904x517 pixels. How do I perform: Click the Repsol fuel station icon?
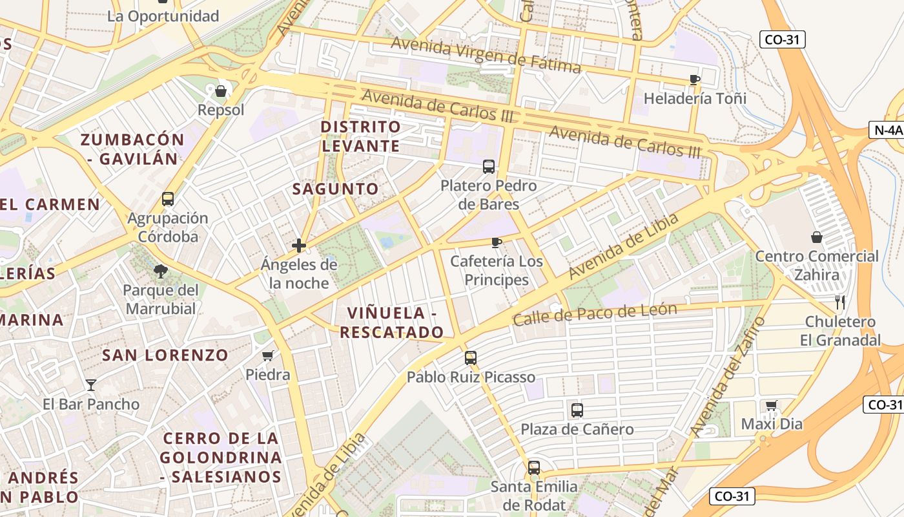(221, 91)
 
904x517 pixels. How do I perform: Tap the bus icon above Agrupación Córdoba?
(168, 198)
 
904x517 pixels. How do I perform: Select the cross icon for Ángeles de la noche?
(299, 246)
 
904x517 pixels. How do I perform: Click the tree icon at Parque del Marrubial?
(161, 271)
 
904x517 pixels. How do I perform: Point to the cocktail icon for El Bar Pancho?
(91, 385)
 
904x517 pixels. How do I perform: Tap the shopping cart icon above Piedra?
(268, 355)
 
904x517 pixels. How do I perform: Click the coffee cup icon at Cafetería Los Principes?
(496, 242)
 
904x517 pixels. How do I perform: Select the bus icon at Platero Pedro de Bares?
(489, 167)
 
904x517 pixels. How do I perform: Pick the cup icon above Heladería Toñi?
(695, 79)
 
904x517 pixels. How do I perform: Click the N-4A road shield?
(887, 130)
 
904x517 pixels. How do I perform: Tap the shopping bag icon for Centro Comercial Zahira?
(817, 237)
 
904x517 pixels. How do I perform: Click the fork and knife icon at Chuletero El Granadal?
(839, 302)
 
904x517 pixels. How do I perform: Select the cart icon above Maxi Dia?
(771, 405)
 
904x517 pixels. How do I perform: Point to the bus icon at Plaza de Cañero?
(577, 410)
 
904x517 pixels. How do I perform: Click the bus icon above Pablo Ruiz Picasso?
(471, 357)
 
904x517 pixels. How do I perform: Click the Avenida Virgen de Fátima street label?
(486, 55)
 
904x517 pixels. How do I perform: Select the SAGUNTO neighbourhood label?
(335, 189)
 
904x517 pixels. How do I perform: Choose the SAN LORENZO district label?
(165, 355)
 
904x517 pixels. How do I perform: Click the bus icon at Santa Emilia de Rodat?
(533, 467)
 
